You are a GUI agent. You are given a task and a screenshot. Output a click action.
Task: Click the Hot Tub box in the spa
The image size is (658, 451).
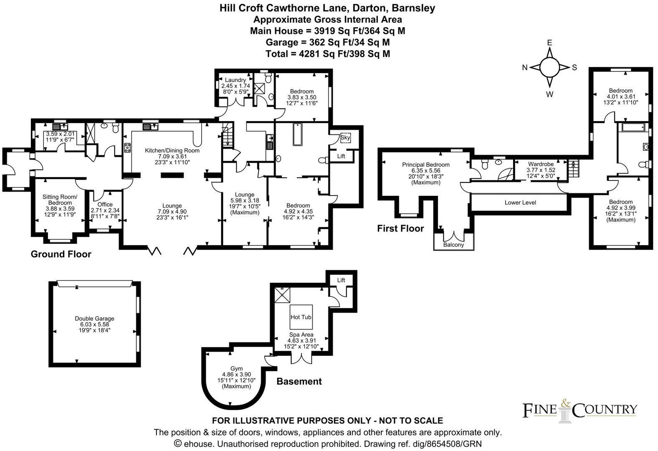(301, 317)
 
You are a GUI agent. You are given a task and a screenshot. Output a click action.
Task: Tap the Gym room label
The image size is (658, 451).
(236, 368)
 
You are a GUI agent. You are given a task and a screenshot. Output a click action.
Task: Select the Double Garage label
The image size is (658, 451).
(94, 319)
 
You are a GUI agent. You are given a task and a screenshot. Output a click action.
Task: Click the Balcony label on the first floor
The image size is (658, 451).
(453, 245)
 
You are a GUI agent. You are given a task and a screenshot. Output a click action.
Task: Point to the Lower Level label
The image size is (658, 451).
(520, 203)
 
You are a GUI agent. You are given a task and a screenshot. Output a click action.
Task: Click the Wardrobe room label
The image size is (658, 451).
(541, 164)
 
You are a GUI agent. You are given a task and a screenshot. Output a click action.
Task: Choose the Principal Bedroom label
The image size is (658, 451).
(426, 165)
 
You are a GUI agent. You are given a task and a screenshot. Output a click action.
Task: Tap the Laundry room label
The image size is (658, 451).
(235, 80)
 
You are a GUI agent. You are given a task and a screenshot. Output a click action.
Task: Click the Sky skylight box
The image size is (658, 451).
(345, 137)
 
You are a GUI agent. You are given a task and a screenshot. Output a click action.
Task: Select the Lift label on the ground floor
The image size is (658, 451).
(341, 156)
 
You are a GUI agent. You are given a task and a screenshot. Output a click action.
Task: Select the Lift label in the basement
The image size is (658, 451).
(341, 280)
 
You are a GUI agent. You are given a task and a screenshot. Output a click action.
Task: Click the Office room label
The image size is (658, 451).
(105, 204)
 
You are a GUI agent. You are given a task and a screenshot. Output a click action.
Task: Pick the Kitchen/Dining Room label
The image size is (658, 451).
(172, 150)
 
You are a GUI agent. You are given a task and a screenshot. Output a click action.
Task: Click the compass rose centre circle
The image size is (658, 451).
(549, 67)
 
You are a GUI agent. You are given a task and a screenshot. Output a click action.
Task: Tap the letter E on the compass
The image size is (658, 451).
(549, 43)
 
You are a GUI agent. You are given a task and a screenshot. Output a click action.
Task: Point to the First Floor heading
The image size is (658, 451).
(400, 228)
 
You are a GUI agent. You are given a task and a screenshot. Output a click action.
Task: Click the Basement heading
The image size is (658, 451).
(299, 381)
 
